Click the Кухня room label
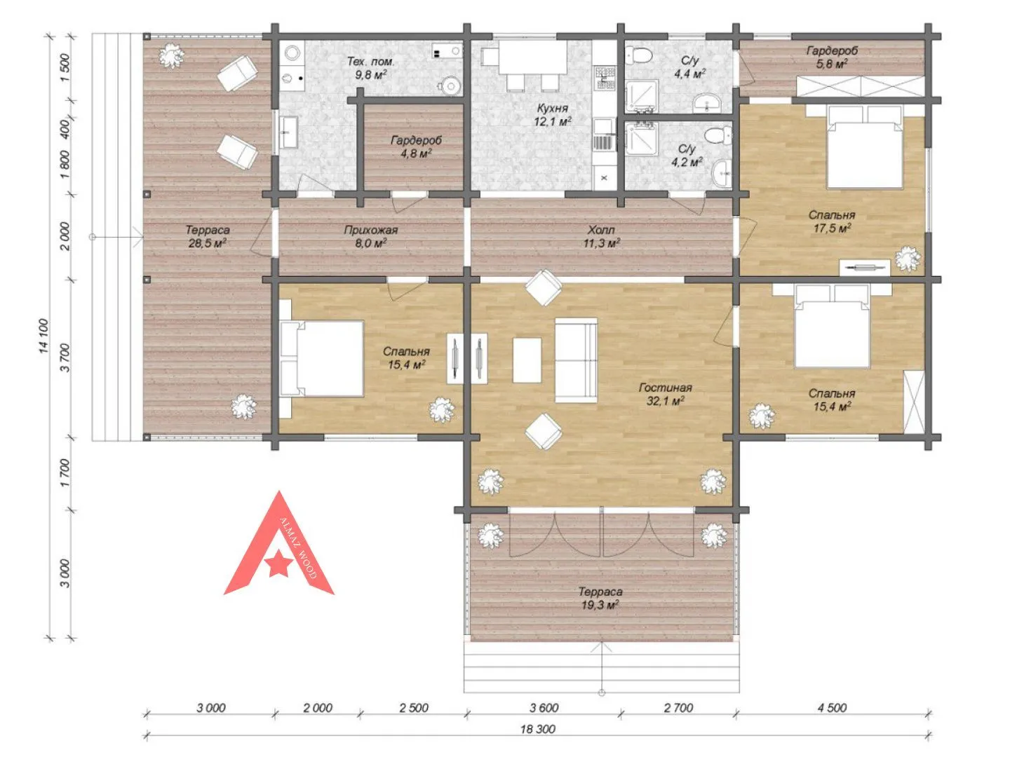[552, 109]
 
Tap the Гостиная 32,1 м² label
[666, 394]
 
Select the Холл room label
[601, 230]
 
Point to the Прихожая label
[371, 230]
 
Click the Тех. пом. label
[370, 62]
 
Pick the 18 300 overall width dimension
[538, 729]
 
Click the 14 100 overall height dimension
[43, 336]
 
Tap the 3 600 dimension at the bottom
[544, 708]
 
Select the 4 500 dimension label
[833, 708]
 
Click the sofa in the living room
[576, 360]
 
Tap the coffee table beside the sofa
[527, 360]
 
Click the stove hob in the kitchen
[605, 77]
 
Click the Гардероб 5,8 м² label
[832, 57]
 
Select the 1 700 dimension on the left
[65, 473]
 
